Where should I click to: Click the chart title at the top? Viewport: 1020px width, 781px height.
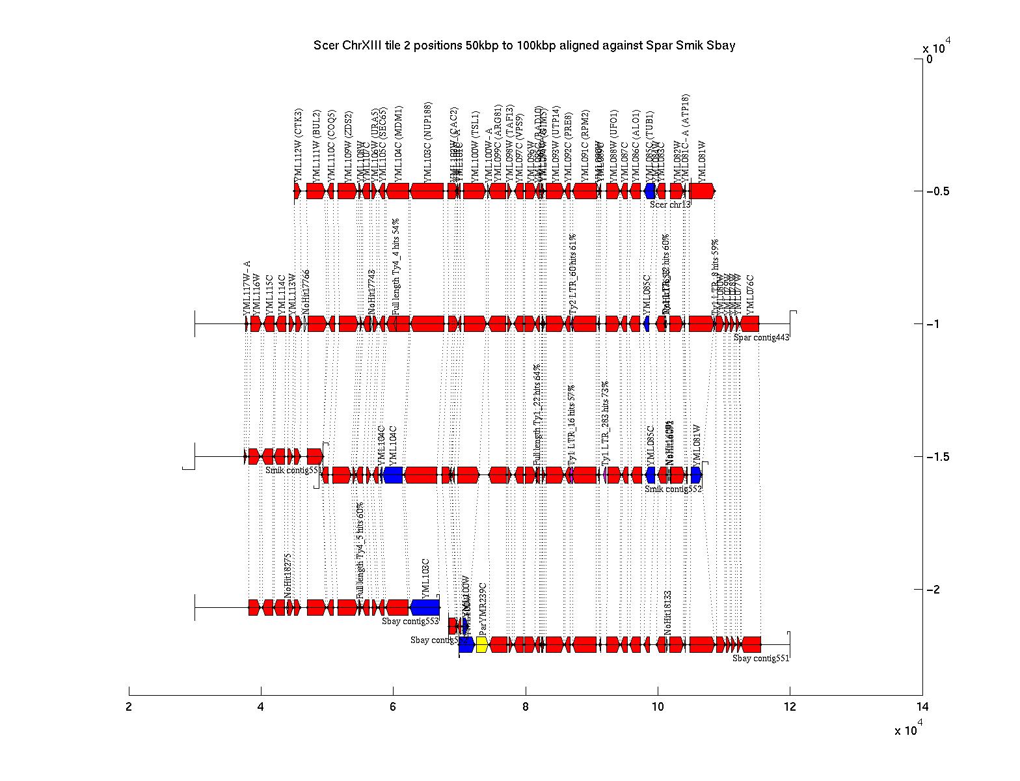click(524, 46)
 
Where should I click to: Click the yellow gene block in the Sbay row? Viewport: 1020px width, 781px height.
click(482, 644)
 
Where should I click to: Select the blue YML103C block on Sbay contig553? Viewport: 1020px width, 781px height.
click(425, 607)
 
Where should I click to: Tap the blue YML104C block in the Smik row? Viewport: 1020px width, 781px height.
click(393, 475)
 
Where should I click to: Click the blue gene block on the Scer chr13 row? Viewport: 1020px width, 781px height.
click(649, 191)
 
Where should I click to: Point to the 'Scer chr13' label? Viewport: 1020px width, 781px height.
click(670, 204)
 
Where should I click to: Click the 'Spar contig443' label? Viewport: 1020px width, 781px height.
click(761, 337)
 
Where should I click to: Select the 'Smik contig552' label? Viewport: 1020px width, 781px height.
click(673, 489)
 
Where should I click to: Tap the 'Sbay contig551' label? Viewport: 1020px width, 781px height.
click(760, 658)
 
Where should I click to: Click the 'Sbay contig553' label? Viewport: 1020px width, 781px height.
click(410, 621)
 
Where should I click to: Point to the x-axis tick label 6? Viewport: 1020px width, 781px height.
click(393, 707)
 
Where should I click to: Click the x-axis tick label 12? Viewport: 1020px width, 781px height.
click(790, 707)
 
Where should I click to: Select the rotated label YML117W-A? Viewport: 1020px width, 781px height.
click(247, 288)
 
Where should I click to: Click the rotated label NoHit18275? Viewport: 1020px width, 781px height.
click(288, 575)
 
